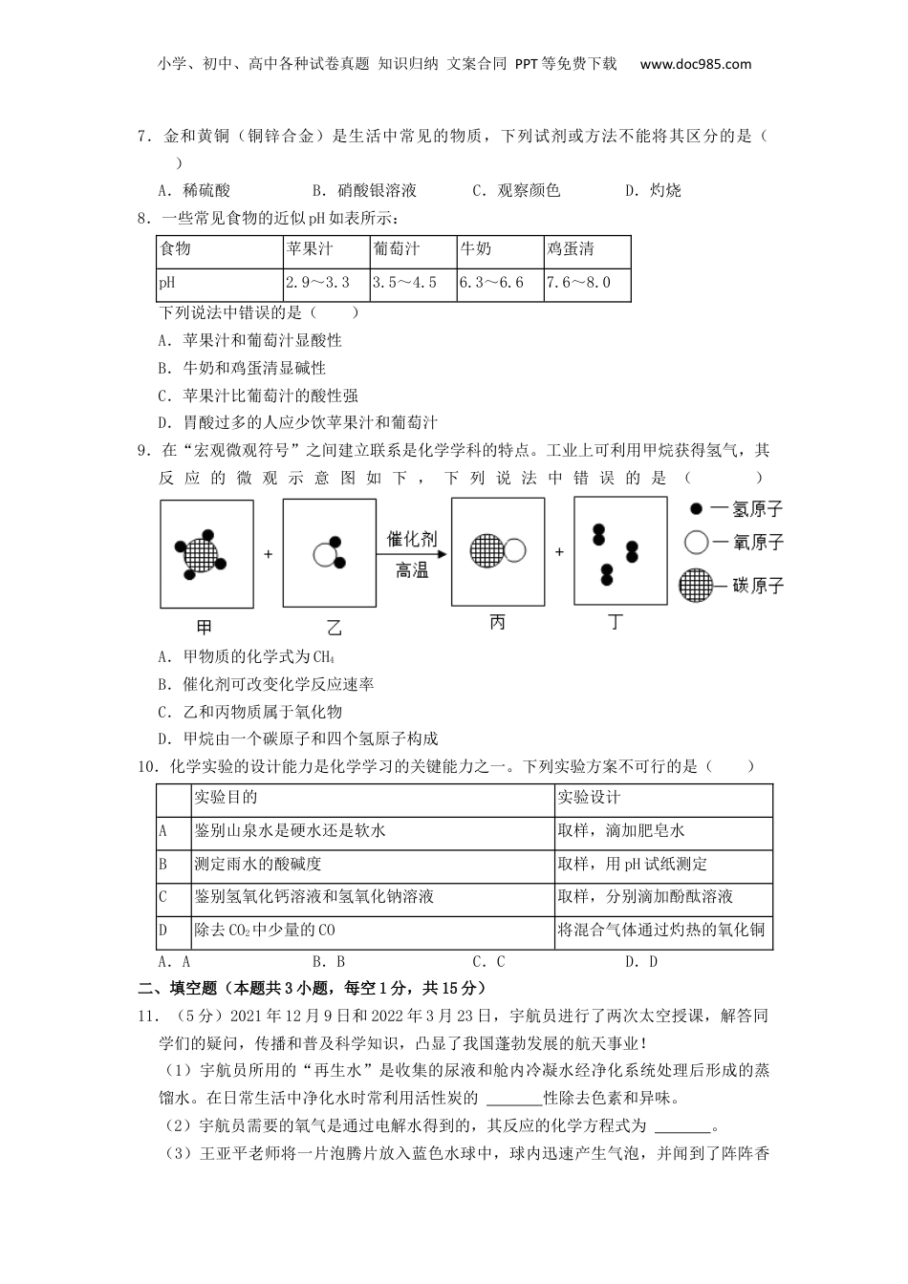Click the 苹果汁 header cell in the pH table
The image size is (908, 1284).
pyautogui.click(x=310, y=249)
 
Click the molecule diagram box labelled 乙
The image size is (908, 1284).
pyautogui.click(x=330, y=552)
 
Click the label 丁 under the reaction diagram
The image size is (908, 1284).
pyautogui.click(x=617, y=622)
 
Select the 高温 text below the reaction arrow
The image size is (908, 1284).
pyautogui.click(x=412, y=571)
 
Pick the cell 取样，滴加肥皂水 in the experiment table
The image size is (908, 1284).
pyautogui.click(x=621, y=831)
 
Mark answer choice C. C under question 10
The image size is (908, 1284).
pyautogui.click(x=488, y=962)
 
